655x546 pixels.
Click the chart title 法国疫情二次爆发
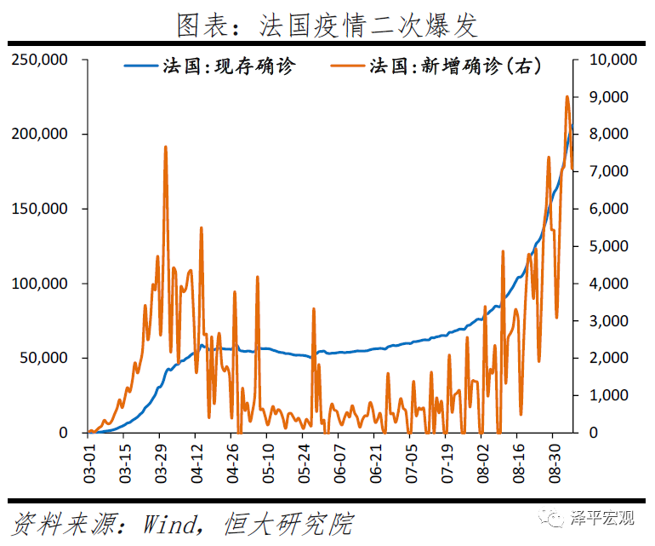click(327, 25)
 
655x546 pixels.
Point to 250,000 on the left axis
click(40, 60)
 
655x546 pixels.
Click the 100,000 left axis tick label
click(40, 284)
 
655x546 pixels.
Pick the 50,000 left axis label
click(43, 359)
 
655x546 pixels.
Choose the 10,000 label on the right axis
click(612, 60)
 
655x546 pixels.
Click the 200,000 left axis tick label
click(40, 135)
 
